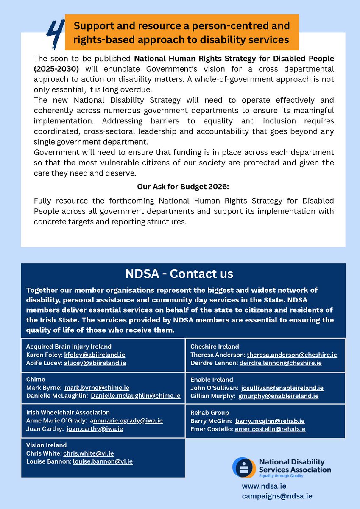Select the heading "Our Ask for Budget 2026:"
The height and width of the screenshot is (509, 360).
(x=183, y=186)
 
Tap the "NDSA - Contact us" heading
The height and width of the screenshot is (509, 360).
(x=179, y=274)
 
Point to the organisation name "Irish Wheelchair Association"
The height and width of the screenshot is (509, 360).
(x=68, y=412)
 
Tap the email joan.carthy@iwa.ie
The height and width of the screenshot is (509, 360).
(x=95, y=429)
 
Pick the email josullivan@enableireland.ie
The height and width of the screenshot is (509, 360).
(x=282, y=388)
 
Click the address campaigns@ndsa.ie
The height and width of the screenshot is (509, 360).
(x=277, y=495)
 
